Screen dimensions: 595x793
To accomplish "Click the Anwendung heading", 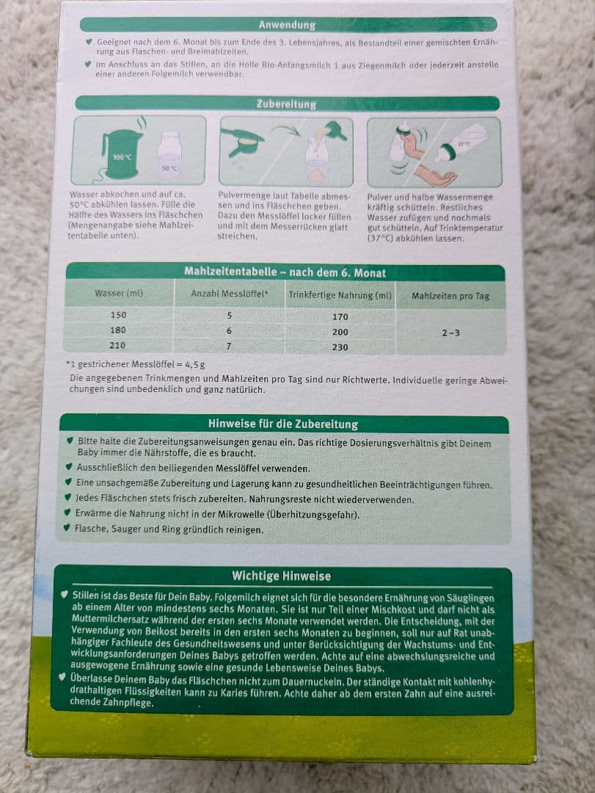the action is point(287,25).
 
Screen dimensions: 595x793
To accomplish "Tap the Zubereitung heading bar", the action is point(287,104).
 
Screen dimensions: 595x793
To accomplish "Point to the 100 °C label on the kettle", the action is point(123,157).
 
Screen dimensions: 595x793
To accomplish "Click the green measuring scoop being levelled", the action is point(242,141).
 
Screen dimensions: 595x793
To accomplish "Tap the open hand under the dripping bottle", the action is point(437,176).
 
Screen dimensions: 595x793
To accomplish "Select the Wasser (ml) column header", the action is point(119,293).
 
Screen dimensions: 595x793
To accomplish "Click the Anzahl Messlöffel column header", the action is point(230,294).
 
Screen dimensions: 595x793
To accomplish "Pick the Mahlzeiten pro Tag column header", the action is point(450,296).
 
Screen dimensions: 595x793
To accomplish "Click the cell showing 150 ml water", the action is point(118,314).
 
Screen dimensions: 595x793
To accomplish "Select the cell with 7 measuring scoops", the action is point(229,346).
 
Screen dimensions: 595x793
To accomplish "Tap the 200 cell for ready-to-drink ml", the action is point(340,332).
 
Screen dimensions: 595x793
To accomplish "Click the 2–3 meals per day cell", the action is point(450,333).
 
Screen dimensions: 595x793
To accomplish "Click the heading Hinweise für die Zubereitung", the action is point(283,424).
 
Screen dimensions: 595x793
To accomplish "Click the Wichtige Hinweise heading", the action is point(282,576).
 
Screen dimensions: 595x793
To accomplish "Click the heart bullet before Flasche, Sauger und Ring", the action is point(66,527).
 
